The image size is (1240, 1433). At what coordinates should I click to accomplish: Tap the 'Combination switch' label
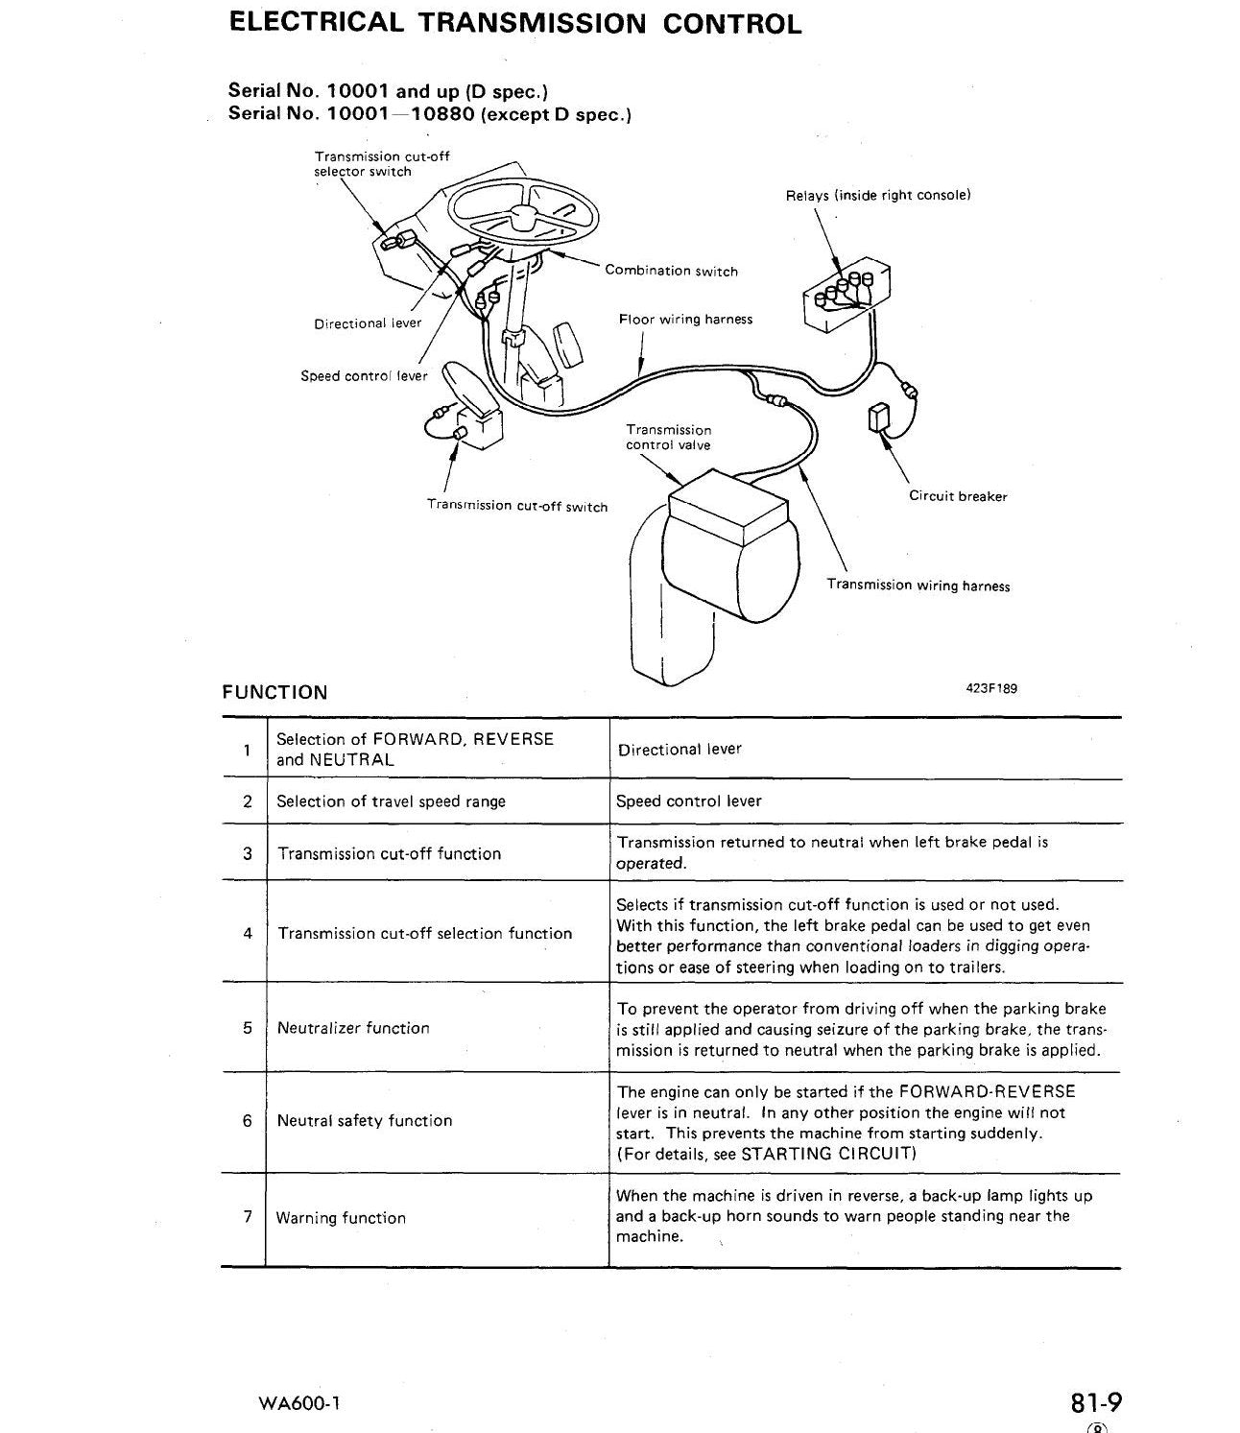pyautogui.click(x=671, y=271)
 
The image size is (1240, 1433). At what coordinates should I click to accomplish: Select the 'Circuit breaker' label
pyautogui.click(x=958, y=495)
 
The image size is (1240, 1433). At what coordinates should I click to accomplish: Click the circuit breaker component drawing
pyautogui.click(x=879, y=418)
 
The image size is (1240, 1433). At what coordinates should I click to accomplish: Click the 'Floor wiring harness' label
pyautogui.click(x=685, y=320)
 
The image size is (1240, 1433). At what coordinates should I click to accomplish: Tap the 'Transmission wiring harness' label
pyautogui.click(x=918, y=585)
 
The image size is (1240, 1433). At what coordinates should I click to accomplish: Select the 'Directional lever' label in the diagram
pyautogui.click(x=368, y=323)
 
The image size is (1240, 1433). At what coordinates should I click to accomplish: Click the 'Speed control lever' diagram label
pyautogui.click(x=364, y=375)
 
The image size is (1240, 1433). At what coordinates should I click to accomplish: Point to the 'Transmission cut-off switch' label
pyautogui.click(x=517, y=506)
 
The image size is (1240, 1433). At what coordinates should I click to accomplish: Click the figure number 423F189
pyautogui.click(x=991, y=688)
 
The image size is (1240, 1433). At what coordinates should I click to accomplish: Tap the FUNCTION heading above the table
pyautogui.click(x=274, y=692)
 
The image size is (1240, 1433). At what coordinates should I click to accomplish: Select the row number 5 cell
pyautogui.click(x=248, y=1027)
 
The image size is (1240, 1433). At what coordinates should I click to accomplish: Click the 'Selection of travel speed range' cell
pyautogui.click(x=391, y=801)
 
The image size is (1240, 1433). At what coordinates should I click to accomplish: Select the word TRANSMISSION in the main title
pyautogui.click(x=533, y=24)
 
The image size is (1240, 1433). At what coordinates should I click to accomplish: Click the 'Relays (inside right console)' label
pyautogui.click(x=877, y=196)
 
